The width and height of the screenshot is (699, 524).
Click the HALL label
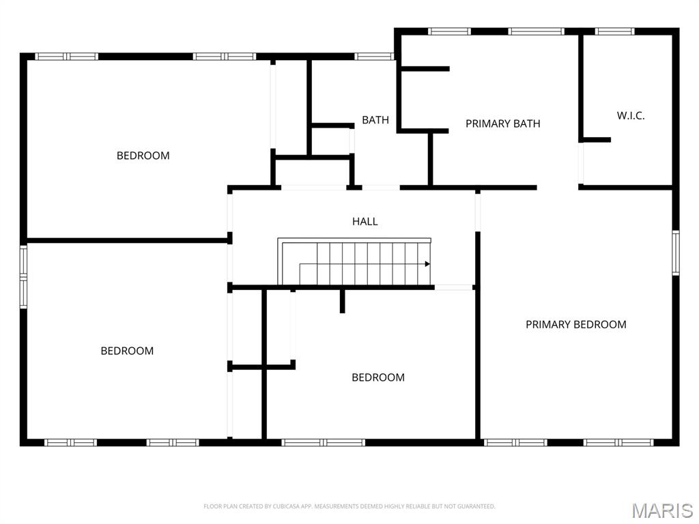pos(365,221)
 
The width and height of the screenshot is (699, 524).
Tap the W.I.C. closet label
pos(630,115)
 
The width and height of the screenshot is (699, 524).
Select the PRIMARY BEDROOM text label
pos(575,324)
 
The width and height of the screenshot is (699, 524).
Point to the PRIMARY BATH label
pos(502,123)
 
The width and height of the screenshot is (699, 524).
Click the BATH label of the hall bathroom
pos(375,120)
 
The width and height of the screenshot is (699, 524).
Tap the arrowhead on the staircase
pos(427,264)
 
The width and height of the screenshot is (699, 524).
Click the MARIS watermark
pos(661,510)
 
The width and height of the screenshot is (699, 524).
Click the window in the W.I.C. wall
pos(614,31)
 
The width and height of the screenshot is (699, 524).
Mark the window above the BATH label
pos(373,57)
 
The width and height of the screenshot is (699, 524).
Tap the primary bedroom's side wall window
pos(675,252)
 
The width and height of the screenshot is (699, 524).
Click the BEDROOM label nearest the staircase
pos(377,377)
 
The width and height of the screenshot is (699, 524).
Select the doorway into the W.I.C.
pos(581,163)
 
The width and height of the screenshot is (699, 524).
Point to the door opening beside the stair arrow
pos(454,287)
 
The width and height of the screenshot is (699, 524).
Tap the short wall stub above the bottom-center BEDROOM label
pos(342,300)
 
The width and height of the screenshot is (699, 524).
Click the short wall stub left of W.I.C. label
pos(595,140)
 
